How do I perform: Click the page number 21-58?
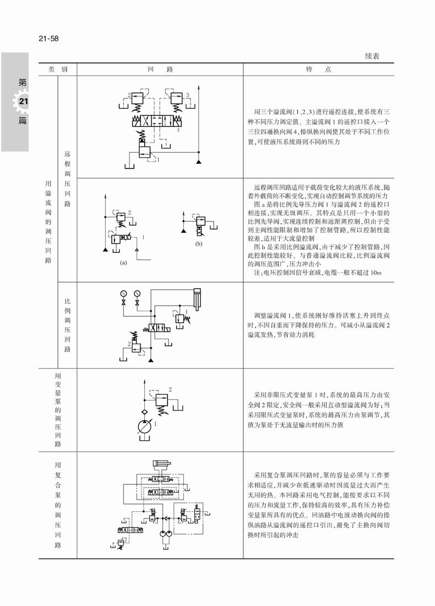48,39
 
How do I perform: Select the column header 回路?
160,69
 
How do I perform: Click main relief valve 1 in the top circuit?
144,151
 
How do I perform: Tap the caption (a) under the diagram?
123,263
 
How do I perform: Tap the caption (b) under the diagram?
199,242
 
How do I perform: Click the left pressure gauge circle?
123,293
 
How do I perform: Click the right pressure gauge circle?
137,293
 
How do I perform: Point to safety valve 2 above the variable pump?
160,399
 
